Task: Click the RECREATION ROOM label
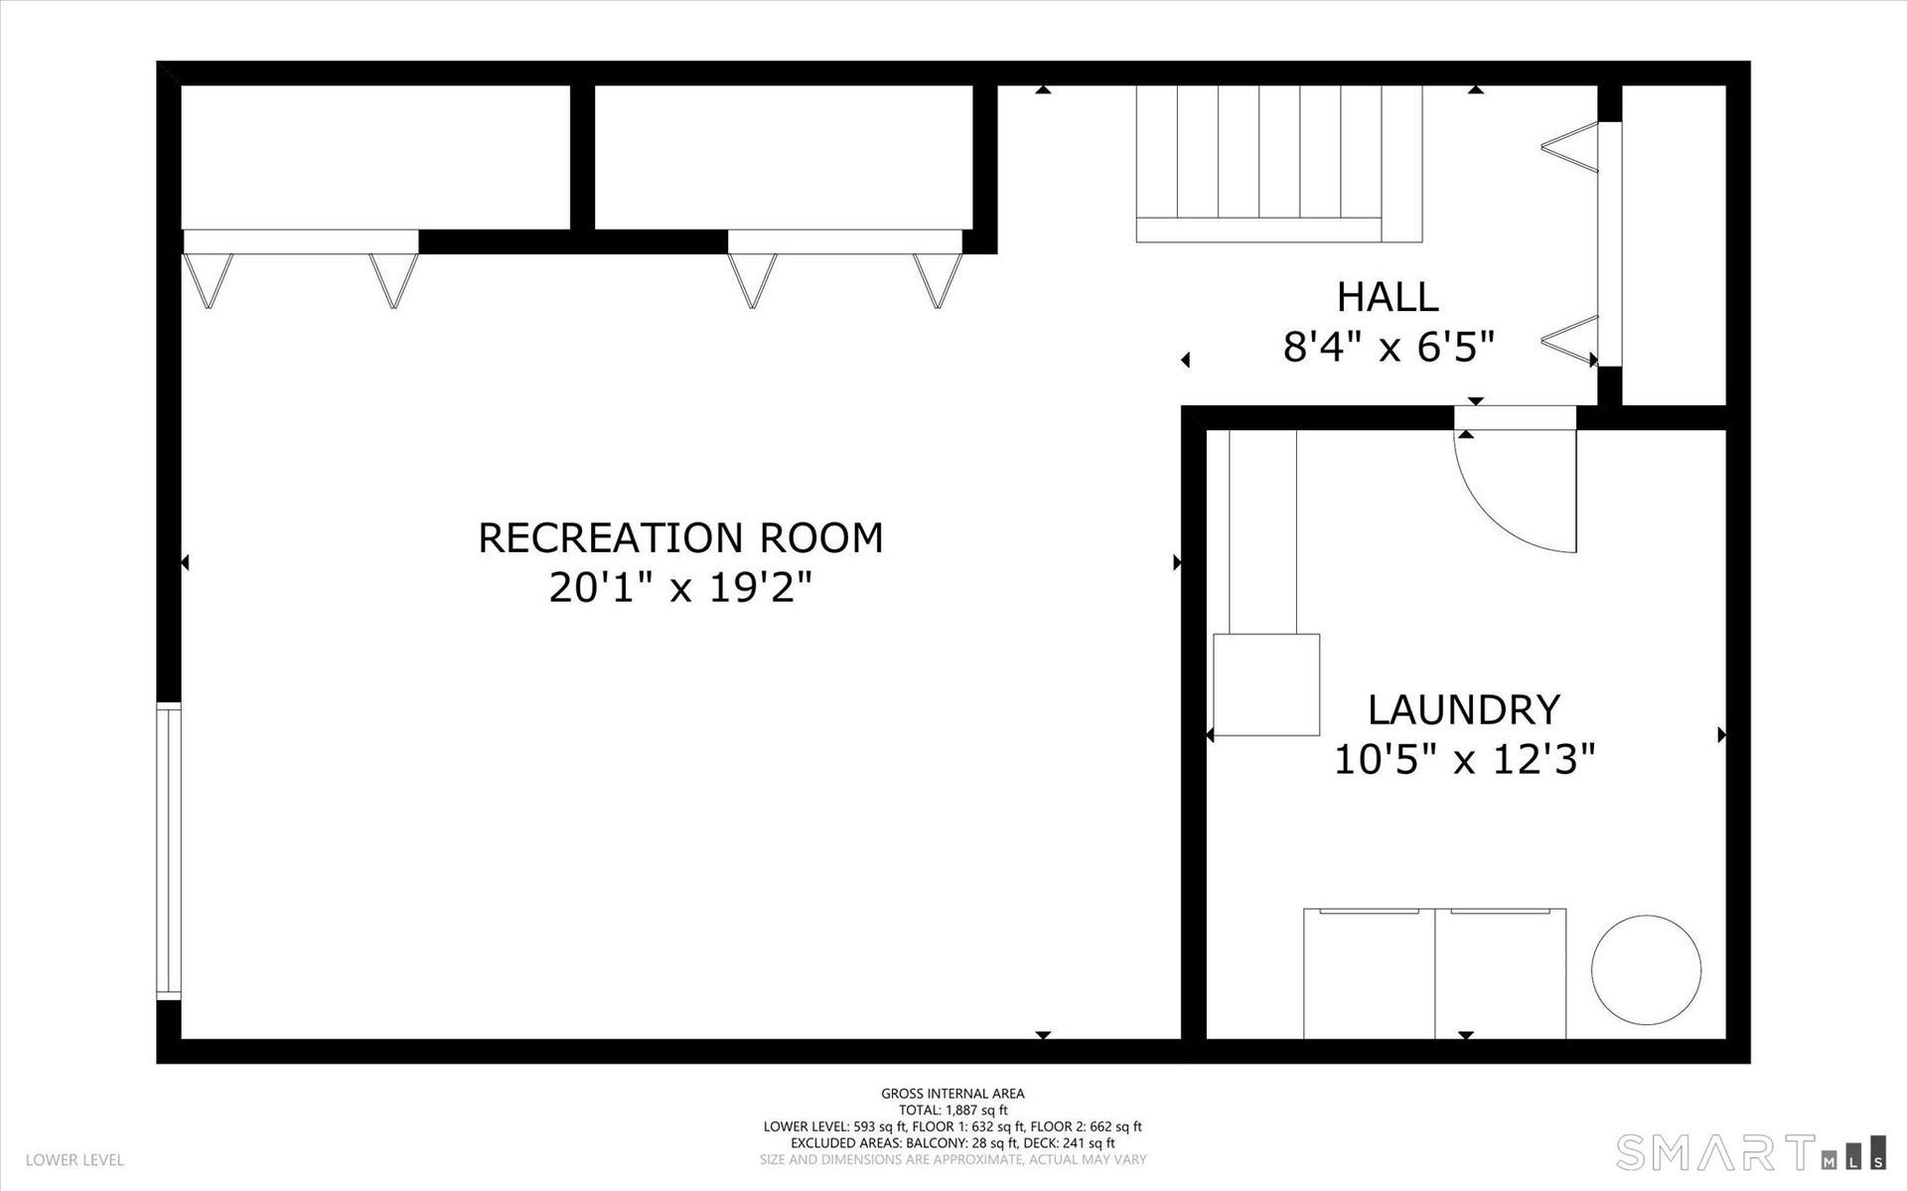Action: [x=680, y=537]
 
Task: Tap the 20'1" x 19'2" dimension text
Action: [x=680, y=587]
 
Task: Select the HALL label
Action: [x=1388, y=297]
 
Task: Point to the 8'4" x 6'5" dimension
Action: [x=1389, y=347]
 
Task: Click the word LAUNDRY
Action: [x=1464, y=710]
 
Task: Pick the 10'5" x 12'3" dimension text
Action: [x=1464, y=760]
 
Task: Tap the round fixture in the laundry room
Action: [x=1646, y=969]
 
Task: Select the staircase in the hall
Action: [x=1279, y=164]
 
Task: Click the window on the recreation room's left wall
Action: [x=170, y=849]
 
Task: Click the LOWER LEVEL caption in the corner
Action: [x=74, y=1160]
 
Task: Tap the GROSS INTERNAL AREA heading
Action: [x=953, y=1094]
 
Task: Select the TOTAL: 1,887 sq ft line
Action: [x=953, y=1111]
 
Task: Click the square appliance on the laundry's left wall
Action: [x=1266, y=684]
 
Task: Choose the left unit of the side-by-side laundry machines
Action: [x=1370, y=973]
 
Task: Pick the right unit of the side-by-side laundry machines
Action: [x=1501, y=973]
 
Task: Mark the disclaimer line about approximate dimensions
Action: [x=953, y=1159]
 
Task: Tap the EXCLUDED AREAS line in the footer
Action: [x=953, y=1143]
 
